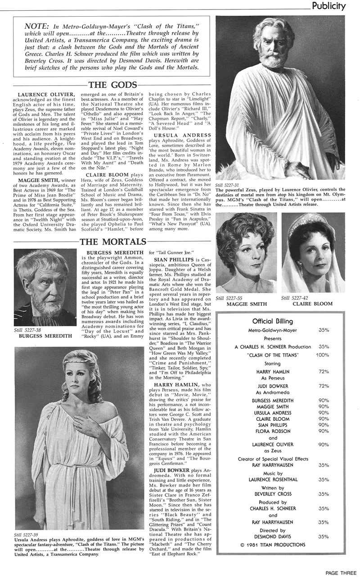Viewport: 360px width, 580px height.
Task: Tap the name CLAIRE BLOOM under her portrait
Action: point(312,304)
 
